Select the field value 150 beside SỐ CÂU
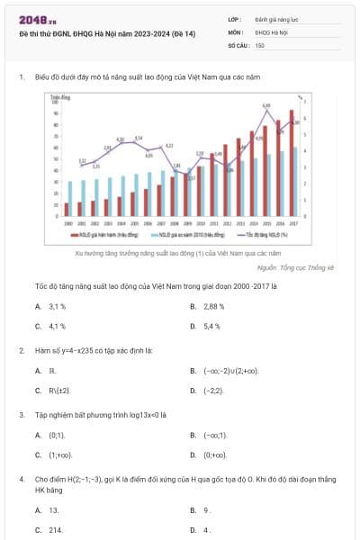[x=260, y=44]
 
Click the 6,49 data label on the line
[x=266, y=106]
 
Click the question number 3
[x=21, y=415]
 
